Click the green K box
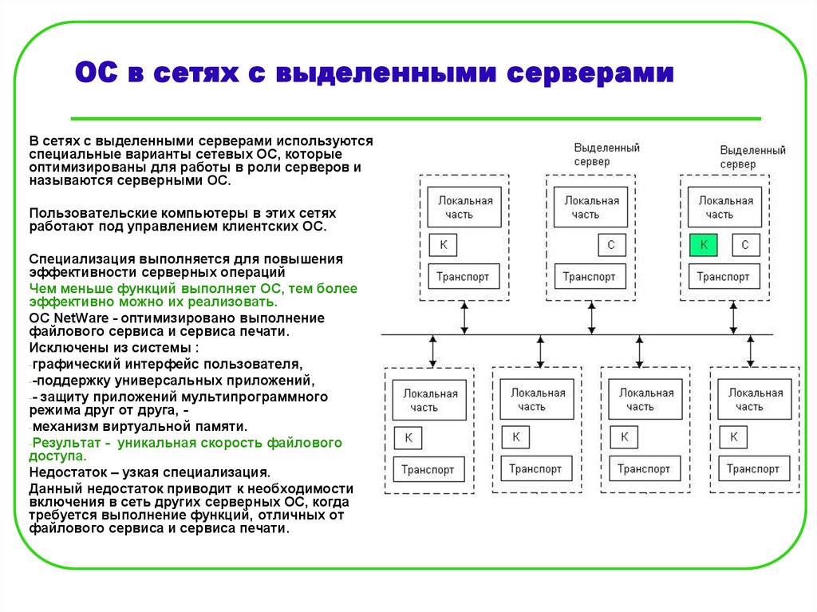pos(703,244)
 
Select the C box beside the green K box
pos(745,244)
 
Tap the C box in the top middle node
pos(611,244)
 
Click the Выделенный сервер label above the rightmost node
pos(752,156)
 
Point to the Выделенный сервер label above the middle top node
pos(606,155)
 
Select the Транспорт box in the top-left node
pos(464,277)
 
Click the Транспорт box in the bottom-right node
pos(755,469)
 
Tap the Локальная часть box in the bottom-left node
pos(430,400)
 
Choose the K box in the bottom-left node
pos(408,437)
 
